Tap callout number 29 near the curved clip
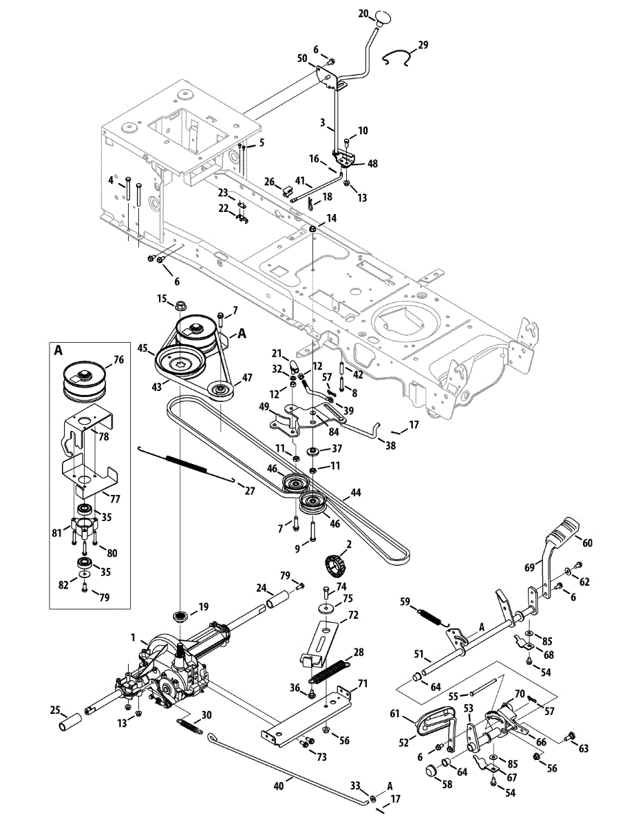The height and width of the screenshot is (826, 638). pos(423,45)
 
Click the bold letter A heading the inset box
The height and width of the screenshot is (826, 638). pos(59,350)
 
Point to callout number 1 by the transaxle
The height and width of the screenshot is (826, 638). pos(134,637)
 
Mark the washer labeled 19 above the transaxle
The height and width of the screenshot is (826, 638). pos(182,614)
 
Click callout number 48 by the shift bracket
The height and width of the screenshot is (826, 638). pos(373,164)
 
